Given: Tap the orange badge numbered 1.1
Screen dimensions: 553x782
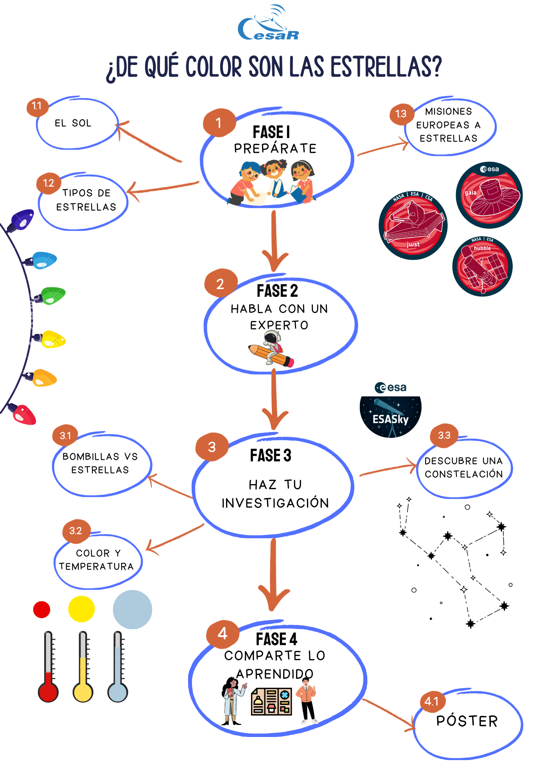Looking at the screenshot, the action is click(x=37, y=106).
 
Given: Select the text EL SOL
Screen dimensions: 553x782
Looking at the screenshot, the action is click(x=73, y=123).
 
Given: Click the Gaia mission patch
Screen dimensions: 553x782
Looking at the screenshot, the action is click(x=489, y=195).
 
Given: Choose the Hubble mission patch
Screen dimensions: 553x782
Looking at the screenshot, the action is click(x=482, y=266).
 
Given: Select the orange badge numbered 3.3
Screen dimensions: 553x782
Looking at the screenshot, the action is click(x=444, y=435).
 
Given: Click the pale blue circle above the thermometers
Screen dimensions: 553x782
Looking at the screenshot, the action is click(x=133, y=609).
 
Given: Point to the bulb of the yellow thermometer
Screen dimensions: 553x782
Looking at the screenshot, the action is click(x=83, y=692).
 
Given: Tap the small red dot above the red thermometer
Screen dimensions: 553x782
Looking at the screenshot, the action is click(x=42, y=610).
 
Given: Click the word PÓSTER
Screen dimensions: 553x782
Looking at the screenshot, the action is click(x=467, y=721).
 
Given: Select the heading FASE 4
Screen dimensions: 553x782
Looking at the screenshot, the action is click(x=276, y=639).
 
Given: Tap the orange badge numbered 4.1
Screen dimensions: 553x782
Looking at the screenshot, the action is click(x=432, y=701).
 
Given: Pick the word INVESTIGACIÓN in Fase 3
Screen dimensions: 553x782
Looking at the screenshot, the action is click(x=275, y=503).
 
